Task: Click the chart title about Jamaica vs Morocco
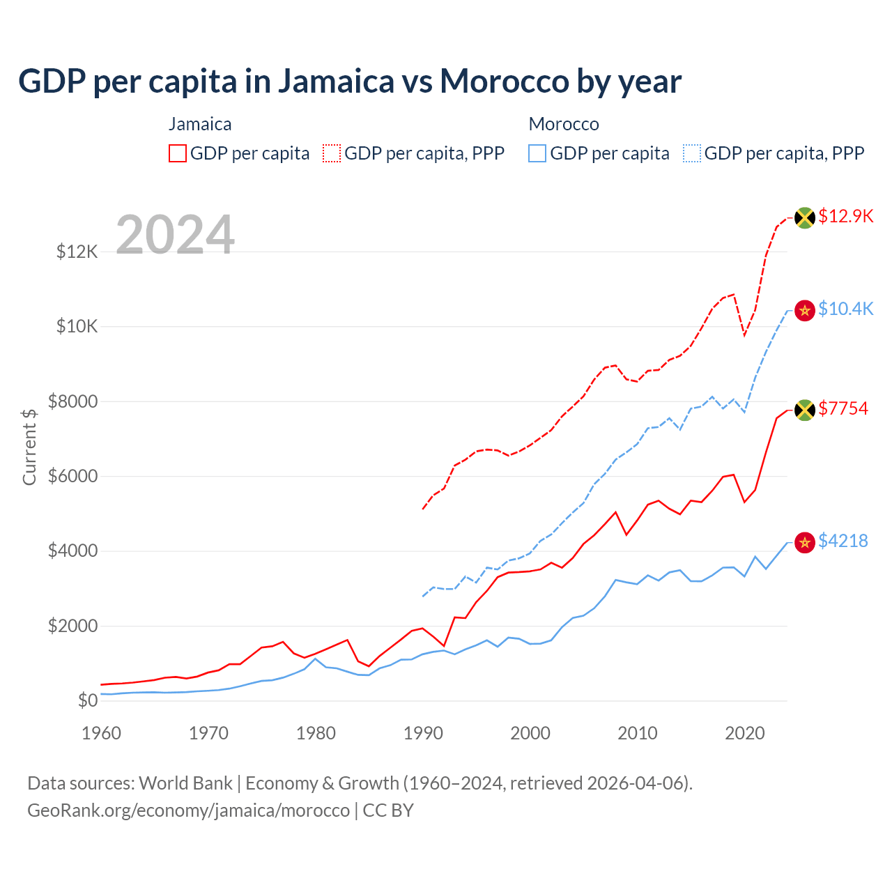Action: (349, 82)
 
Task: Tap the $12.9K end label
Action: (845, 216)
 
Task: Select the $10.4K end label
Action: (845, 309)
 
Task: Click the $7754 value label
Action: (843, 408)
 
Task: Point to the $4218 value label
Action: (843, 541)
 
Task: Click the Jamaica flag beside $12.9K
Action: (805, 217)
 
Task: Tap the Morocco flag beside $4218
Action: (805, 542)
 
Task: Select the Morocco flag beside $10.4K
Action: (805, 310)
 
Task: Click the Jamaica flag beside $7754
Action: (805, 410)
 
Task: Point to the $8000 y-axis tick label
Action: (72, 401)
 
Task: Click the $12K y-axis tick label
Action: (77, 252)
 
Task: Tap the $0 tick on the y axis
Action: (87, 700)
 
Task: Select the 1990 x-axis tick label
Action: (423, 733)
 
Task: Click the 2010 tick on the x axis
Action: (638, 733)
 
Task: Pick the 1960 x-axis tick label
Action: (102, 733)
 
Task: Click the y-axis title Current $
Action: (29, 447)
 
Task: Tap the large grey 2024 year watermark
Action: (175, 235)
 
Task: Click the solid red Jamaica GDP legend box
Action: (178, 153)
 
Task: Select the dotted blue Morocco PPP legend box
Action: (692, 153)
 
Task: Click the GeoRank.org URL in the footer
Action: (188, 810)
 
